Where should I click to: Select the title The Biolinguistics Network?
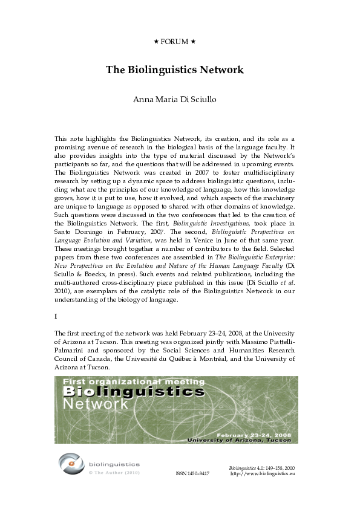pos(175,70)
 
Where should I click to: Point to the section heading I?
pos(56,316)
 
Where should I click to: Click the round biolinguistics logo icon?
pos(71,464)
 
